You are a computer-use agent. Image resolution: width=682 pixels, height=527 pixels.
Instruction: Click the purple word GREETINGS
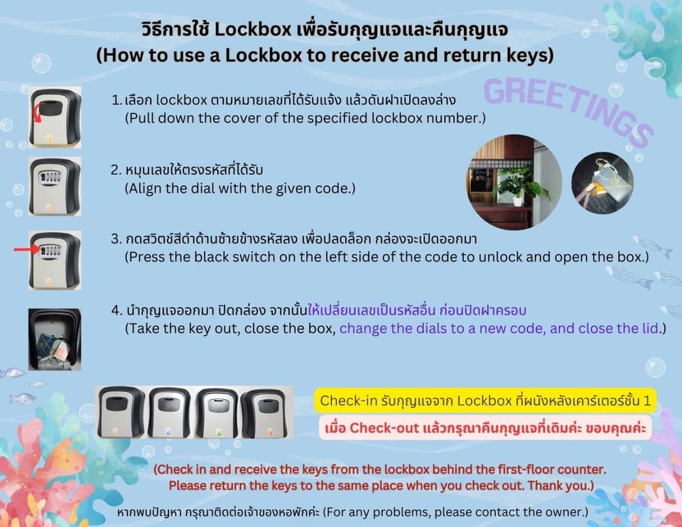(568, 111)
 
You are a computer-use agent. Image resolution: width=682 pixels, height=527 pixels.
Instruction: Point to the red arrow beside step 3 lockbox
(27, 249)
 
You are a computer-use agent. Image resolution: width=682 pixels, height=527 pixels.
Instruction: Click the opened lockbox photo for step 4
(55, 339)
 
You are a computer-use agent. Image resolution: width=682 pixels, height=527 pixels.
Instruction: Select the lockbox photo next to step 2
(55, 186)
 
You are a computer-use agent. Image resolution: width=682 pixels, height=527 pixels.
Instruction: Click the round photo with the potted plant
(514, 182)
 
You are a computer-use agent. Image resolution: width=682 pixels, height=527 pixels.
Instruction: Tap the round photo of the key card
(602, 183)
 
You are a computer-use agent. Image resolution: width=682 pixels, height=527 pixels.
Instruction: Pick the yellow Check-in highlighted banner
(485, 401)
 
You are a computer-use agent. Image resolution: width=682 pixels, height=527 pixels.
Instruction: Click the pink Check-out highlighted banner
(485, 428)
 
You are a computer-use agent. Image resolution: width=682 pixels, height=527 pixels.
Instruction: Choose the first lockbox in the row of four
(120, 412)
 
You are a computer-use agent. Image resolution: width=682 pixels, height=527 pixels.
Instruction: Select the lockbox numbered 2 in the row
(170, 412)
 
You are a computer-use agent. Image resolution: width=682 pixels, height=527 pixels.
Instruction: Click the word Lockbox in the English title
(264, 55)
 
